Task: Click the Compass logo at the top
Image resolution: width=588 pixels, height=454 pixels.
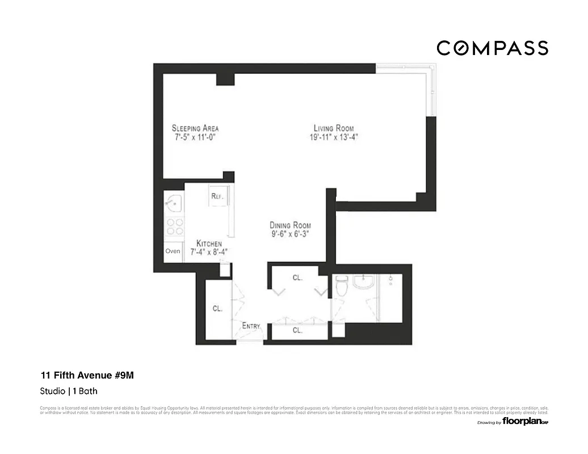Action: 492,48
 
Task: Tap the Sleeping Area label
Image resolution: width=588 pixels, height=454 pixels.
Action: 195,128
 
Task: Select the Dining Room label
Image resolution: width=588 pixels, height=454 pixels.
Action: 290,225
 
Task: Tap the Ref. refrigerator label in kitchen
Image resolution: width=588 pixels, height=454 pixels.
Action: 217,196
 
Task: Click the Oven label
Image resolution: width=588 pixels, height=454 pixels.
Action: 173,251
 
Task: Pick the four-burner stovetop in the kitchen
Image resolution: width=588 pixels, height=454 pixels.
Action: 174,227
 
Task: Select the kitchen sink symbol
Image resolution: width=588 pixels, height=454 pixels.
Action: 173,201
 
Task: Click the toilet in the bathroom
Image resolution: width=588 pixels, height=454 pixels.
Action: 341,288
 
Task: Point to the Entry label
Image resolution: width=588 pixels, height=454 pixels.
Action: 251,326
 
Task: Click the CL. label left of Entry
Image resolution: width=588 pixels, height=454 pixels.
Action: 217,308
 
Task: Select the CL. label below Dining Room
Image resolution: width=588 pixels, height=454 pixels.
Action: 297,278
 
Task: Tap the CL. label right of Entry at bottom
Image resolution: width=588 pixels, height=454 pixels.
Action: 297,330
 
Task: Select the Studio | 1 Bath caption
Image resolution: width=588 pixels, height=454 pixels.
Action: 72,391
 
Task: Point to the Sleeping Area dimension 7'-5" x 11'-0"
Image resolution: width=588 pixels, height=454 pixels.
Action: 195,137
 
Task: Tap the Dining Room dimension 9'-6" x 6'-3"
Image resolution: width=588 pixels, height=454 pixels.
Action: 290,234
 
